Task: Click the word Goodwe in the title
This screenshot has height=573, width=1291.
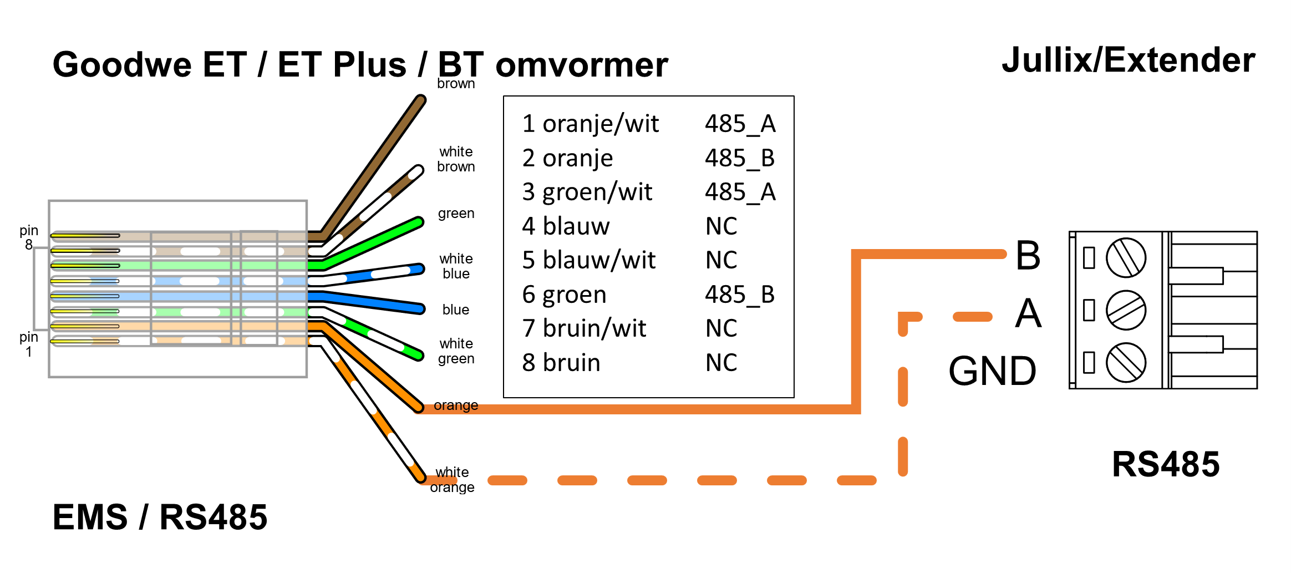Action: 122,65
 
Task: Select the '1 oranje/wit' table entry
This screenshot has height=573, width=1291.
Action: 590,124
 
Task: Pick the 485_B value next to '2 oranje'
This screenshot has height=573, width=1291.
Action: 739,158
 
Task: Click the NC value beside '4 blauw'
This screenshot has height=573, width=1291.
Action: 721,226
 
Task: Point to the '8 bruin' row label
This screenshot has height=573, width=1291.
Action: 561,363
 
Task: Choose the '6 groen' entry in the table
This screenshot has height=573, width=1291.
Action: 564,295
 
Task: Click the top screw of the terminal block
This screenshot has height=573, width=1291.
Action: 1126,258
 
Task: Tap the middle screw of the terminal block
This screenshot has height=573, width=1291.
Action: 1126,310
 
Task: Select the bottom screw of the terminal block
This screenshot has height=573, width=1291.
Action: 1126,362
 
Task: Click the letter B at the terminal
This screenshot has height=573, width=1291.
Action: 1028,256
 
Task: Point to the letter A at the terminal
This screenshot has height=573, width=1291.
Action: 1028,313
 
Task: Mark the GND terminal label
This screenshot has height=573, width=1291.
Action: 992,371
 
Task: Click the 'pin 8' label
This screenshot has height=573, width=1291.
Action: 29,237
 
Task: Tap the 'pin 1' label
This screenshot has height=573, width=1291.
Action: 29,344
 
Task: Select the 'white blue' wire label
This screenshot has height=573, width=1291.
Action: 456,266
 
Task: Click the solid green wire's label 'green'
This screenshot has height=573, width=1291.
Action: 456,214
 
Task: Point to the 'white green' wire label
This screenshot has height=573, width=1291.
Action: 456,351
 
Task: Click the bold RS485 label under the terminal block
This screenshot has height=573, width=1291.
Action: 1166,464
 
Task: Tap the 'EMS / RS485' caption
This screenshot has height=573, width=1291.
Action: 160,517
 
